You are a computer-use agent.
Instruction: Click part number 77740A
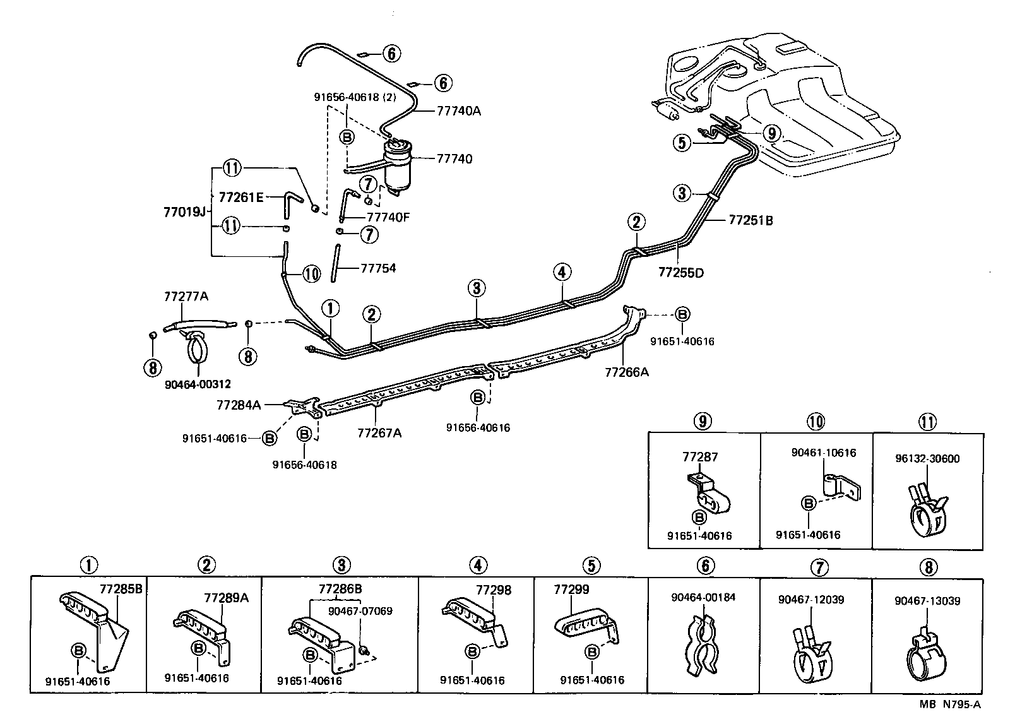point(459,110)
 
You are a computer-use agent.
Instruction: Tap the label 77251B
point(751,220)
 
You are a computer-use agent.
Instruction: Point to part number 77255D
point(680,273)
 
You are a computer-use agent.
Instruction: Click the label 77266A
point(626,372)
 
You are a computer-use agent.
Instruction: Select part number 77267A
point(379,432)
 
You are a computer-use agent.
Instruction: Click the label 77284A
point(238,405)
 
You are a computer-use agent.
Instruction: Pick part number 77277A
point(185,296)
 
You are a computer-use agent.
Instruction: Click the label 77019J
point(185,211)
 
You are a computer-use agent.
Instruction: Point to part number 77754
point(378,268)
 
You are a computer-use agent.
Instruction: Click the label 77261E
point(241,197)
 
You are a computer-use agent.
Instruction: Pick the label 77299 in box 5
point(571,589)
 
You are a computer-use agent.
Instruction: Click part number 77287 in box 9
point(699,456)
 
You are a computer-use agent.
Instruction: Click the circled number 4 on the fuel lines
point(562,273)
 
